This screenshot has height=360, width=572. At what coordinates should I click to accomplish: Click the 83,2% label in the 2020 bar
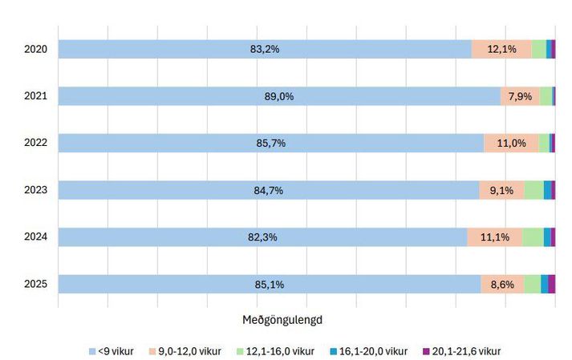pos(265,49)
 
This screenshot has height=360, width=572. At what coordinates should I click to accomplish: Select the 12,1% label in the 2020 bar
pos(501,49)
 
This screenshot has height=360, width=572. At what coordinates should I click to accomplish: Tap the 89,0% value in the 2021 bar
pos(279,96)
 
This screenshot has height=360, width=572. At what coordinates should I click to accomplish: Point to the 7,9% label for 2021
pos(520,96)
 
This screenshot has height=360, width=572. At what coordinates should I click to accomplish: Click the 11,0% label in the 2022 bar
pos(512,143)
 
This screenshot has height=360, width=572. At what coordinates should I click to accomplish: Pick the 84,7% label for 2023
pos(269,190)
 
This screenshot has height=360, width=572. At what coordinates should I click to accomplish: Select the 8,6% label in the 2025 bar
pos(502,285)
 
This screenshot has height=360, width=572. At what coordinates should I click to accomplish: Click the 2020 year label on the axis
pos(36,49)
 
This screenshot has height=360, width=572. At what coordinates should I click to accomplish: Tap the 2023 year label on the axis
pos(36,190)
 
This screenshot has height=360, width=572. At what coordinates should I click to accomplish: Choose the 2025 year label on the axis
pos(36,284)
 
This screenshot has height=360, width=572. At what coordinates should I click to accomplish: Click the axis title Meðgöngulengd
pos(282,320)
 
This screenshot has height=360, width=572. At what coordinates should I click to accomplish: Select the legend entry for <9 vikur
pos(112,351)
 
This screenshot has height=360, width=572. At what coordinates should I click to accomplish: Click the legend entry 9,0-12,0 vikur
pos(185,351)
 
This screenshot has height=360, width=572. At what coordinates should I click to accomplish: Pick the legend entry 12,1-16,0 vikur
pos(275,351)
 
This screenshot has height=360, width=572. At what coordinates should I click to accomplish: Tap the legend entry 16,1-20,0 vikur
pos(369,351)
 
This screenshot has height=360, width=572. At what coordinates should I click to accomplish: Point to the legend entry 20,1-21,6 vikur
pos(462,351)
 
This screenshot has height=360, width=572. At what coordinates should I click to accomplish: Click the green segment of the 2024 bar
pos(533,237)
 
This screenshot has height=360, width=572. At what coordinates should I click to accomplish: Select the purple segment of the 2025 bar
pos(552,284)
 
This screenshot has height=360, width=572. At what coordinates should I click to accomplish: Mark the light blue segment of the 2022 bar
pos(271,143)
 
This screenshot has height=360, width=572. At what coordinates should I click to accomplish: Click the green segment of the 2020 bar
pos(539,49)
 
